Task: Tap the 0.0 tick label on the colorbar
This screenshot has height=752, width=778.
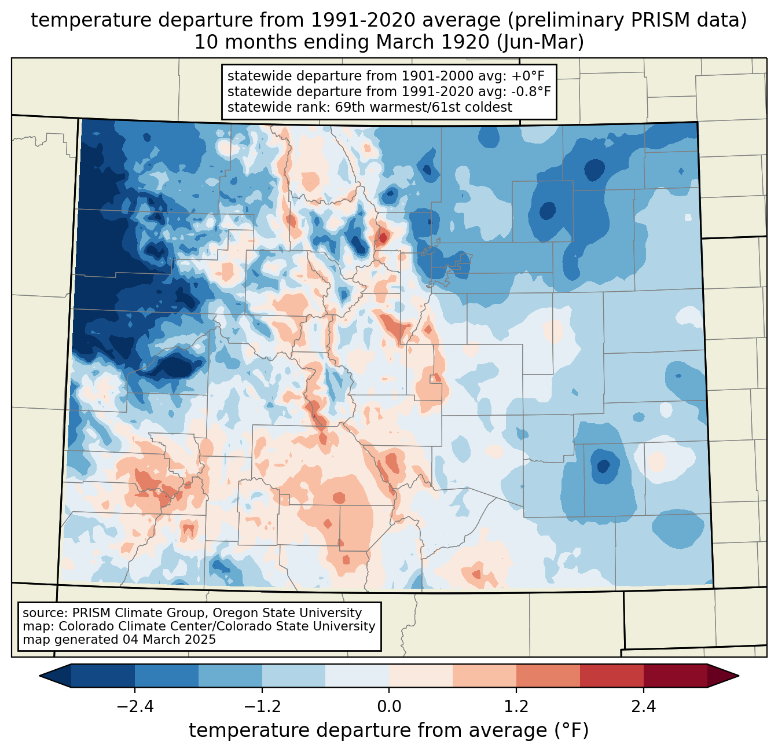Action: [x=389, y=707]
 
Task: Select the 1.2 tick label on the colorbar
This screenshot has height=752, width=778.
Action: [x=516, y=707]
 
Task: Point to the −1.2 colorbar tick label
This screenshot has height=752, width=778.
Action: [x=262, y=707]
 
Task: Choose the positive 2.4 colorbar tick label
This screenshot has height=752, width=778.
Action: [x=643, y=707]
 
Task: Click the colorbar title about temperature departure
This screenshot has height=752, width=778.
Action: [x=389, y=731]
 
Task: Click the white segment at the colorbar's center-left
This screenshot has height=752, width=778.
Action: [x=357, y=676]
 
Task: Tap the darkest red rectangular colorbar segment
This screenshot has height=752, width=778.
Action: [x=675, y=676]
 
